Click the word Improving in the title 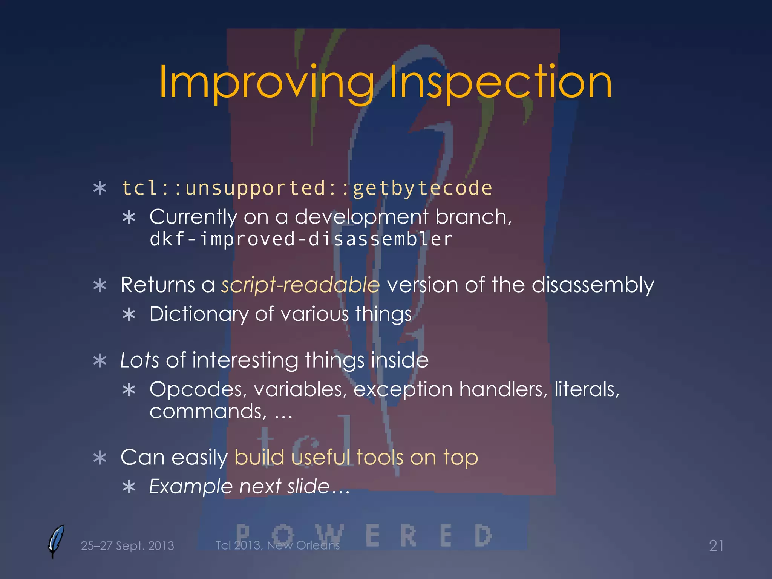pyautogui.click(x=266, y=82)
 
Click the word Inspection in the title pyautogui.click(x=500, y=82)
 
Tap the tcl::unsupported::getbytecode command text pyautogui.click(x=306, y=188)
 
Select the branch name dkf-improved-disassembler pyautogui.click(x=301, y=239)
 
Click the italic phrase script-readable pyautogui.click(x=300, y=285)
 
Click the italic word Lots pyautogui.click(x=139, y=360)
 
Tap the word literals pyautogui.click(x=587, y=389)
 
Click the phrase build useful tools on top pyautogui.click(x=356, y=458)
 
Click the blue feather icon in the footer pyautogui.click(x=56, y=541)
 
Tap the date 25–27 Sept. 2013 pyautogui.click(x=127, y=546)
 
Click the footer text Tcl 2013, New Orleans pyautogui.click(x=277, y=545)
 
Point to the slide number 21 pyautogui.click(x=716, y=546)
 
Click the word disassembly pyautogui.click(x=593, y=285)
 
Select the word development pyautogui.click(x=361, y=218)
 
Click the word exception pyautogui.click(x=403, y=389)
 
